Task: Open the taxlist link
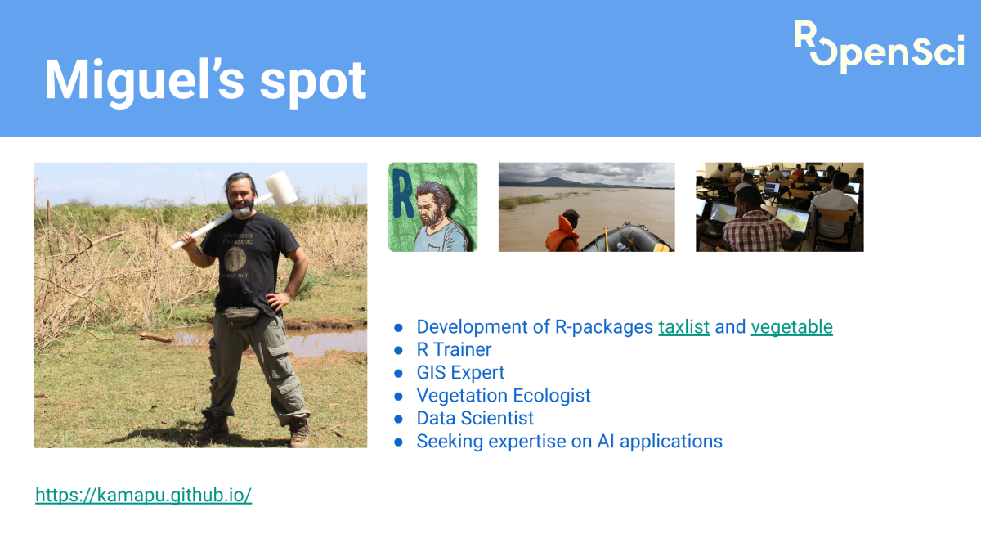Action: [x=683, y=327]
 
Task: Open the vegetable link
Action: [x=791, y=327]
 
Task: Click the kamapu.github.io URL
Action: [x=143, y=495]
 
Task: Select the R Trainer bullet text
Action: [x=454, y=350]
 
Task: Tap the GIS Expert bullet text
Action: [x=460, y=373]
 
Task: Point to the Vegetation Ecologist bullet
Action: [x=504, y=396]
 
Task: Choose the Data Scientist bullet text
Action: [x=475, y=419]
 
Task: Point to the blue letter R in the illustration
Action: [x=402, y=193]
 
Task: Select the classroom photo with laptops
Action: [x=779, y=207]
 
